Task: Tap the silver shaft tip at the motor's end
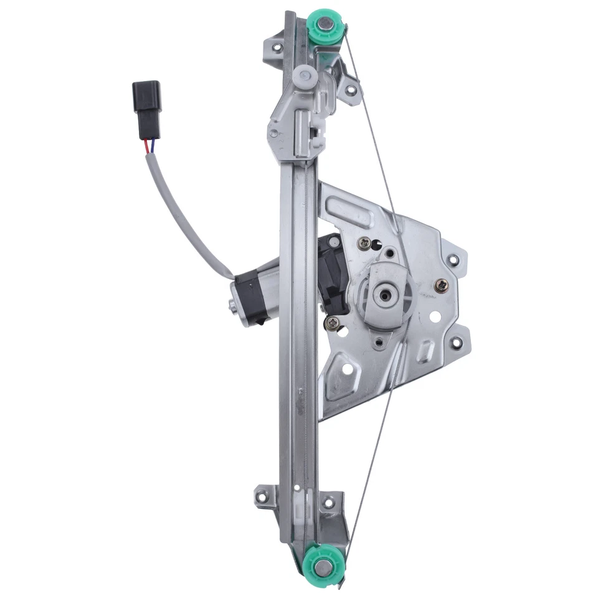pyautogui.click(x=232, y=305)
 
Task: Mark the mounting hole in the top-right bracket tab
pyautogui.click(x=351, y=90)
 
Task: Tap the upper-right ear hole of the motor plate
pyautogui.click(x=453, y=259)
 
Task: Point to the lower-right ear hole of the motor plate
pyautogui.click(x=457, y=342)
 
